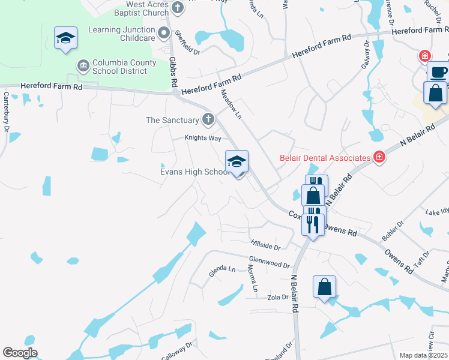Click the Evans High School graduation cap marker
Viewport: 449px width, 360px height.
(237, 161)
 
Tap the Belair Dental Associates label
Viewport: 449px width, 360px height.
(324, 158)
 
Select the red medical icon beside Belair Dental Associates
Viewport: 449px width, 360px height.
(379, 158)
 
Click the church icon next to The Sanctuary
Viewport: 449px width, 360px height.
(208, 119)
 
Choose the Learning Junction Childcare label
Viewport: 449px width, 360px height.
(122, 33)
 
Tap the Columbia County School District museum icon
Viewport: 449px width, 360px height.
(82, 64)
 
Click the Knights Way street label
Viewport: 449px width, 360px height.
(202, 138)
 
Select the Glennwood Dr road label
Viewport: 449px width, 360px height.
(269, 262)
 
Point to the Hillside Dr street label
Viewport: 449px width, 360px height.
(265, 245)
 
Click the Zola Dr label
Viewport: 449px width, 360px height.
(279, 297)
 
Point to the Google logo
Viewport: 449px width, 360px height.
(20, 353)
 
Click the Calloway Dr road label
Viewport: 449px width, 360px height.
(176, 351)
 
